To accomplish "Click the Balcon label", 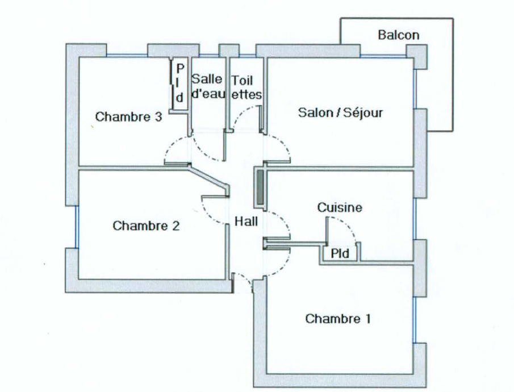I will point(398,35).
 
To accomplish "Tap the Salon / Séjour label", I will point(340,113).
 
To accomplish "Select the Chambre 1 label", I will point(338,319).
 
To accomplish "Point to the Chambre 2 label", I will point(147,226).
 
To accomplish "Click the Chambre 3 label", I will point(129,117).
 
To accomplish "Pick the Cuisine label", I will point(340,208).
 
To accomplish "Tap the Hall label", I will point(246,222).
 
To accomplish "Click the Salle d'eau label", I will point(208,86).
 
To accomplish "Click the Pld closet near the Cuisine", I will point(340,252).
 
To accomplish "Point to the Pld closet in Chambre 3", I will point(179,83).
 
